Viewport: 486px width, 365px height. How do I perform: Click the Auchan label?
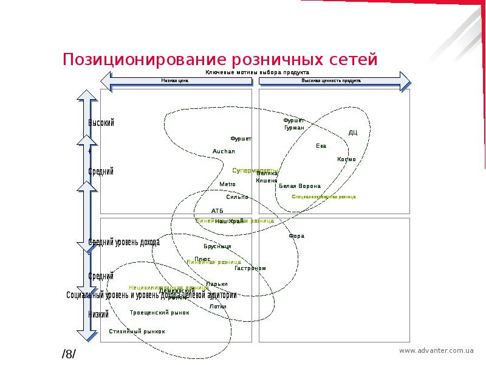coord(223,151)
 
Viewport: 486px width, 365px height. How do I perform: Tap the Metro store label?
coord(227,184)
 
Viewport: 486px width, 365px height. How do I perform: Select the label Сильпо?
coord(237,196)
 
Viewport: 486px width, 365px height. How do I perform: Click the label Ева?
coord(321,145)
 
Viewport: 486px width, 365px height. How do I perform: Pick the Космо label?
coord(346,159)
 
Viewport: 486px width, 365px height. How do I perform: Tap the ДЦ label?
coord(353,132)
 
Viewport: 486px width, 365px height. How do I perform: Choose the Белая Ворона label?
coord(299,186)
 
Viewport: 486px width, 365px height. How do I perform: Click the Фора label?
coord(296,235)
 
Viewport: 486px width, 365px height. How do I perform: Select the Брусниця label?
coord(217,246)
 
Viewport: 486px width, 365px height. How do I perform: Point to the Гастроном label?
coord(250,268)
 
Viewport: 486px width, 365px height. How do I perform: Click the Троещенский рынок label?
coord(159,313)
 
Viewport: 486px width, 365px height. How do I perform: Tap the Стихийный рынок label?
coord(137,332)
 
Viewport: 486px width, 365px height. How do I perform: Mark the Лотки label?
coord(217,306)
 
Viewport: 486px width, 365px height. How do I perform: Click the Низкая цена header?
coord(174,80)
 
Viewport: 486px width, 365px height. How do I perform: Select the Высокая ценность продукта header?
coord(331,80)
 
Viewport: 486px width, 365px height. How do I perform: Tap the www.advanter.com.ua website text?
coord(436,350)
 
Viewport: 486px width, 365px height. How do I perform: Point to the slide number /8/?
coord(69,354)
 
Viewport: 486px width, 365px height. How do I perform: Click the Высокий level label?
coord(101,123)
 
